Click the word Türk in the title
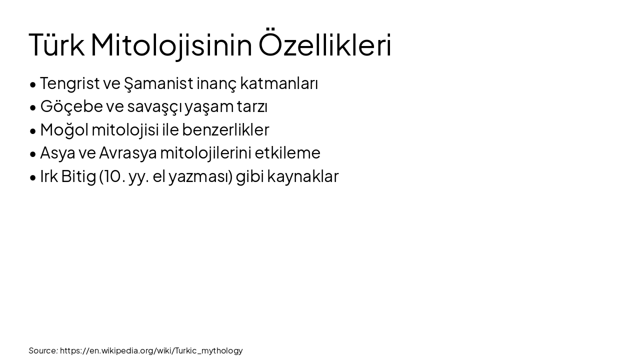click(x=56, y=45)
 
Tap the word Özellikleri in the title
click(x=324, y=45)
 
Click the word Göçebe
click(x=71, y=106)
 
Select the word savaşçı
click(x=154, y=106)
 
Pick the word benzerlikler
click(x=225, y=129)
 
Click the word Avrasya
click(x=127, y=152)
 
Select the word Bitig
click(x=78, y=176)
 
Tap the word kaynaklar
click(x=302, y=176)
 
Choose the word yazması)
click(x=200, y=176)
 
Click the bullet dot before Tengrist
click(x=33, y=84)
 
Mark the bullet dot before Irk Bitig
click(x=33, y=177)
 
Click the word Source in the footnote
click(x=43, y=350)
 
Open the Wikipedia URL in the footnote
click(x=151, y=350)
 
